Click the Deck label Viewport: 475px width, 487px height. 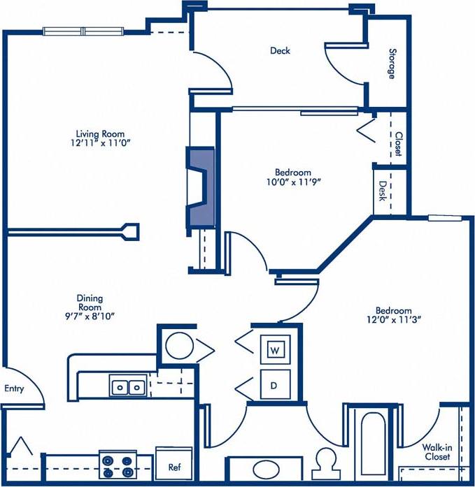click(x=280, y=50)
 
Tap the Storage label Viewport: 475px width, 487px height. click(x=392, y=63)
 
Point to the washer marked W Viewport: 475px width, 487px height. click(x=275, y=349)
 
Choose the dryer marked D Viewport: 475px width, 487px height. click(x=275, y=384)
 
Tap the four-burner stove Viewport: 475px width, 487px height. click(x=117, y=464)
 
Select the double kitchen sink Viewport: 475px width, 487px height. click(x=128, y=385)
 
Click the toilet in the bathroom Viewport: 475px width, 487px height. click(x=326, y=463)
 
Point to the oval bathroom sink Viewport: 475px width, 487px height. click(x=266, y=469)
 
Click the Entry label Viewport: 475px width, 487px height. click(x=14, y=388)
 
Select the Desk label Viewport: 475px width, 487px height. click(x=383, y=191)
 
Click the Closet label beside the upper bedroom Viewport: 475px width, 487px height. click(x=398, y=144)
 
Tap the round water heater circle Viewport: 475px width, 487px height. click(x=179, y=346)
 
